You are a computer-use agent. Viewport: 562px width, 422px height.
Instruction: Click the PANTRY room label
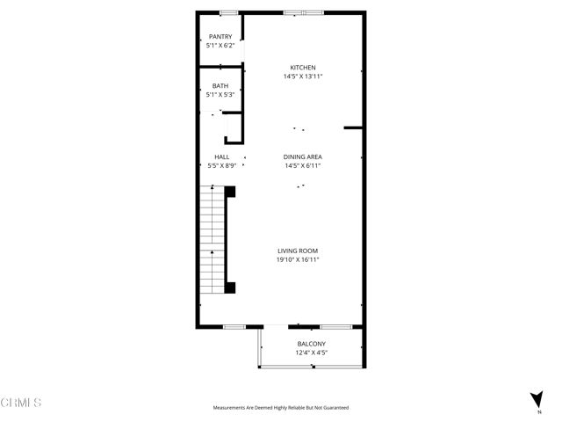point(220,36)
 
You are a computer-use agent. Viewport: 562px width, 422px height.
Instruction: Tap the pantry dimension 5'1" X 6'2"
point(220,45)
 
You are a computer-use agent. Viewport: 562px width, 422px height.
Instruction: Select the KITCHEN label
point(303,68)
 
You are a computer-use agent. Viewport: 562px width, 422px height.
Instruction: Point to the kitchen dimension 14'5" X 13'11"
point(303,76)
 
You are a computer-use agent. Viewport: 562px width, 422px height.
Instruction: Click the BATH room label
point(220,85)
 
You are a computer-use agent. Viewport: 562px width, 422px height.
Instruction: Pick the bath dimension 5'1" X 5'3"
point(220,94)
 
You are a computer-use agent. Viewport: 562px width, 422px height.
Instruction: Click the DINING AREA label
point(303,156)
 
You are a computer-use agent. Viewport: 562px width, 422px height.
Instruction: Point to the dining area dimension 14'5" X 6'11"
point(303,165)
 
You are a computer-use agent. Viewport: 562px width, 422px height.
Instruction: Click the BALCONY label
point(312,344)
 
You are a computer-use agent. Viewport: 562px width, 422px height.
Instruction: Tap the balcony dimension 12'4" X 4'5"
point(312,353)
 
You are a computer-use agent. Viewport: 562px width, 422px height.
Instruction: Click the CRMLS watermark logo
point(21,403)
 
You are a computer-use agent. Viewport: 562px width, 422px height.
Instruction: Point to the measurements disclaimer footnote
point(281,408)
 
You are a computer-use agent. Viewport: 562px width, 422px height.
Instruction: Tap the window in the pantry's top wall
point(228,12)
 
